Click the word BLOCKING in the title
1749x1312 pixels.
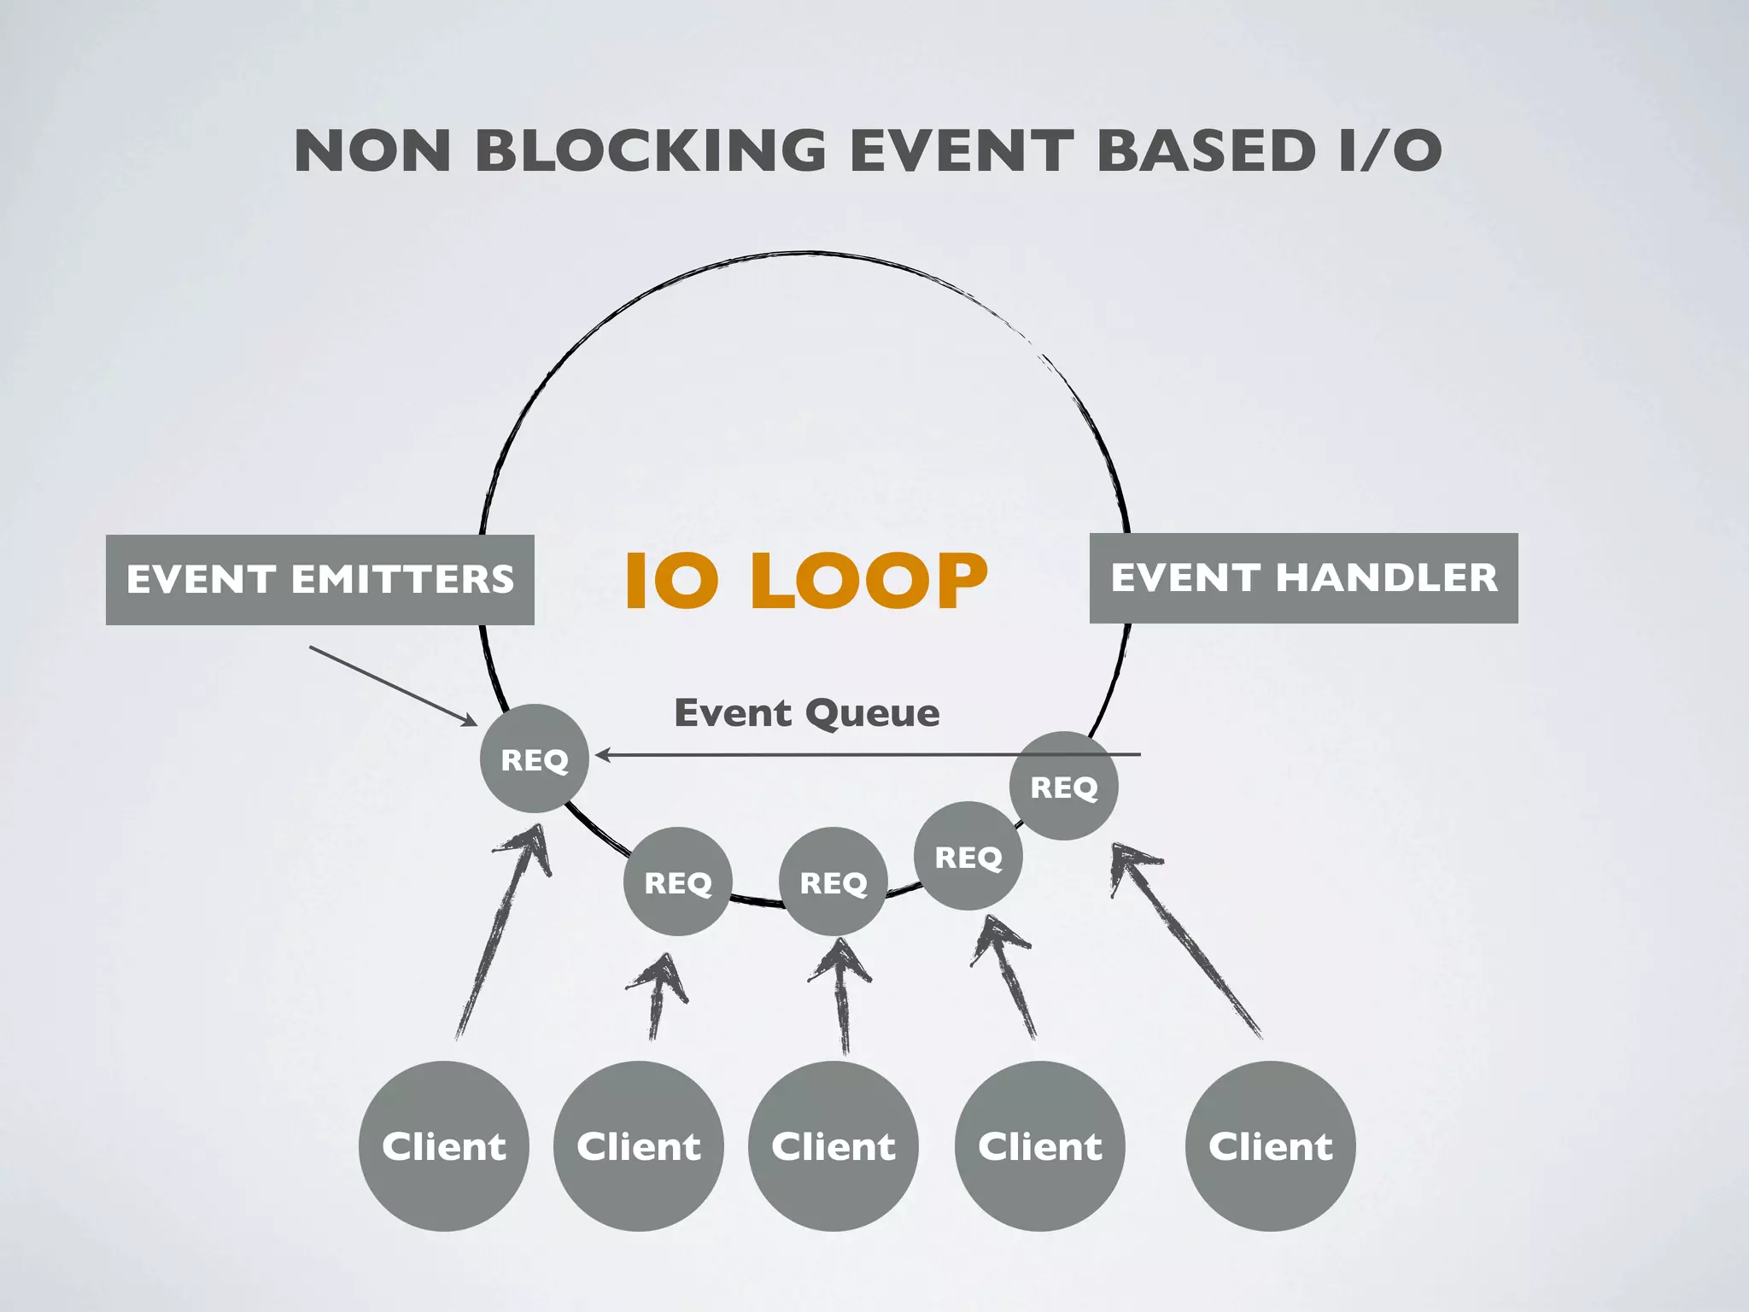point(650,151)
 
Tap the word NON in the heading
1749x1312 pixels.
point(372,151)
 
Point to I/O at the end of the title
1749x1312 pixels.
point(1389,151)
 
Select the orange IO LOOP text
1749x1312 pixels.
point(806,581)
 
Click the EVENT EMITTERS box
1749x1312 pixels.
point(320,580)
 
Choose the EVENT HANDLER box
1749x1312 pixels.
point(1303,578)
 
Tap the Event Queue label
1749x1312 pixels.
point(807,713)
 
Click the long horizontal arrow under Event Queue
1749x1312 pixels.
point(867,755)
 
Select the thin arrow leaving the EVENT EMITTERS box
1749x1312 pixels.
point(393,686)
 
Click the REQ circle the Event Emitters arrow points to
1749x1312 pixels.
point(535,758)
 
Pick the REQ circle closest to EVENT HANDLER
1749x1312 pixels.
point(1063,786)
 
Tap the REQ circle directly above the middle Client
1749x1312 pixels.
point(834,881)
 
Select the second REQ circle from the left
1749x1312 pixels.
point(677,881)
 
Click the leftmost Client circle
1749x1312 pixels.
point(444,1145)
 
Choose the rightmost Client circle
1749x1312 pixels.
point(1270,1145)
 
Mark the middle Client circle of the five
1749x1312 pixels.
point(834,1145)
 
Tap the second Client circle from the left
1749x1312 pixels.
point(639,1145)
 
